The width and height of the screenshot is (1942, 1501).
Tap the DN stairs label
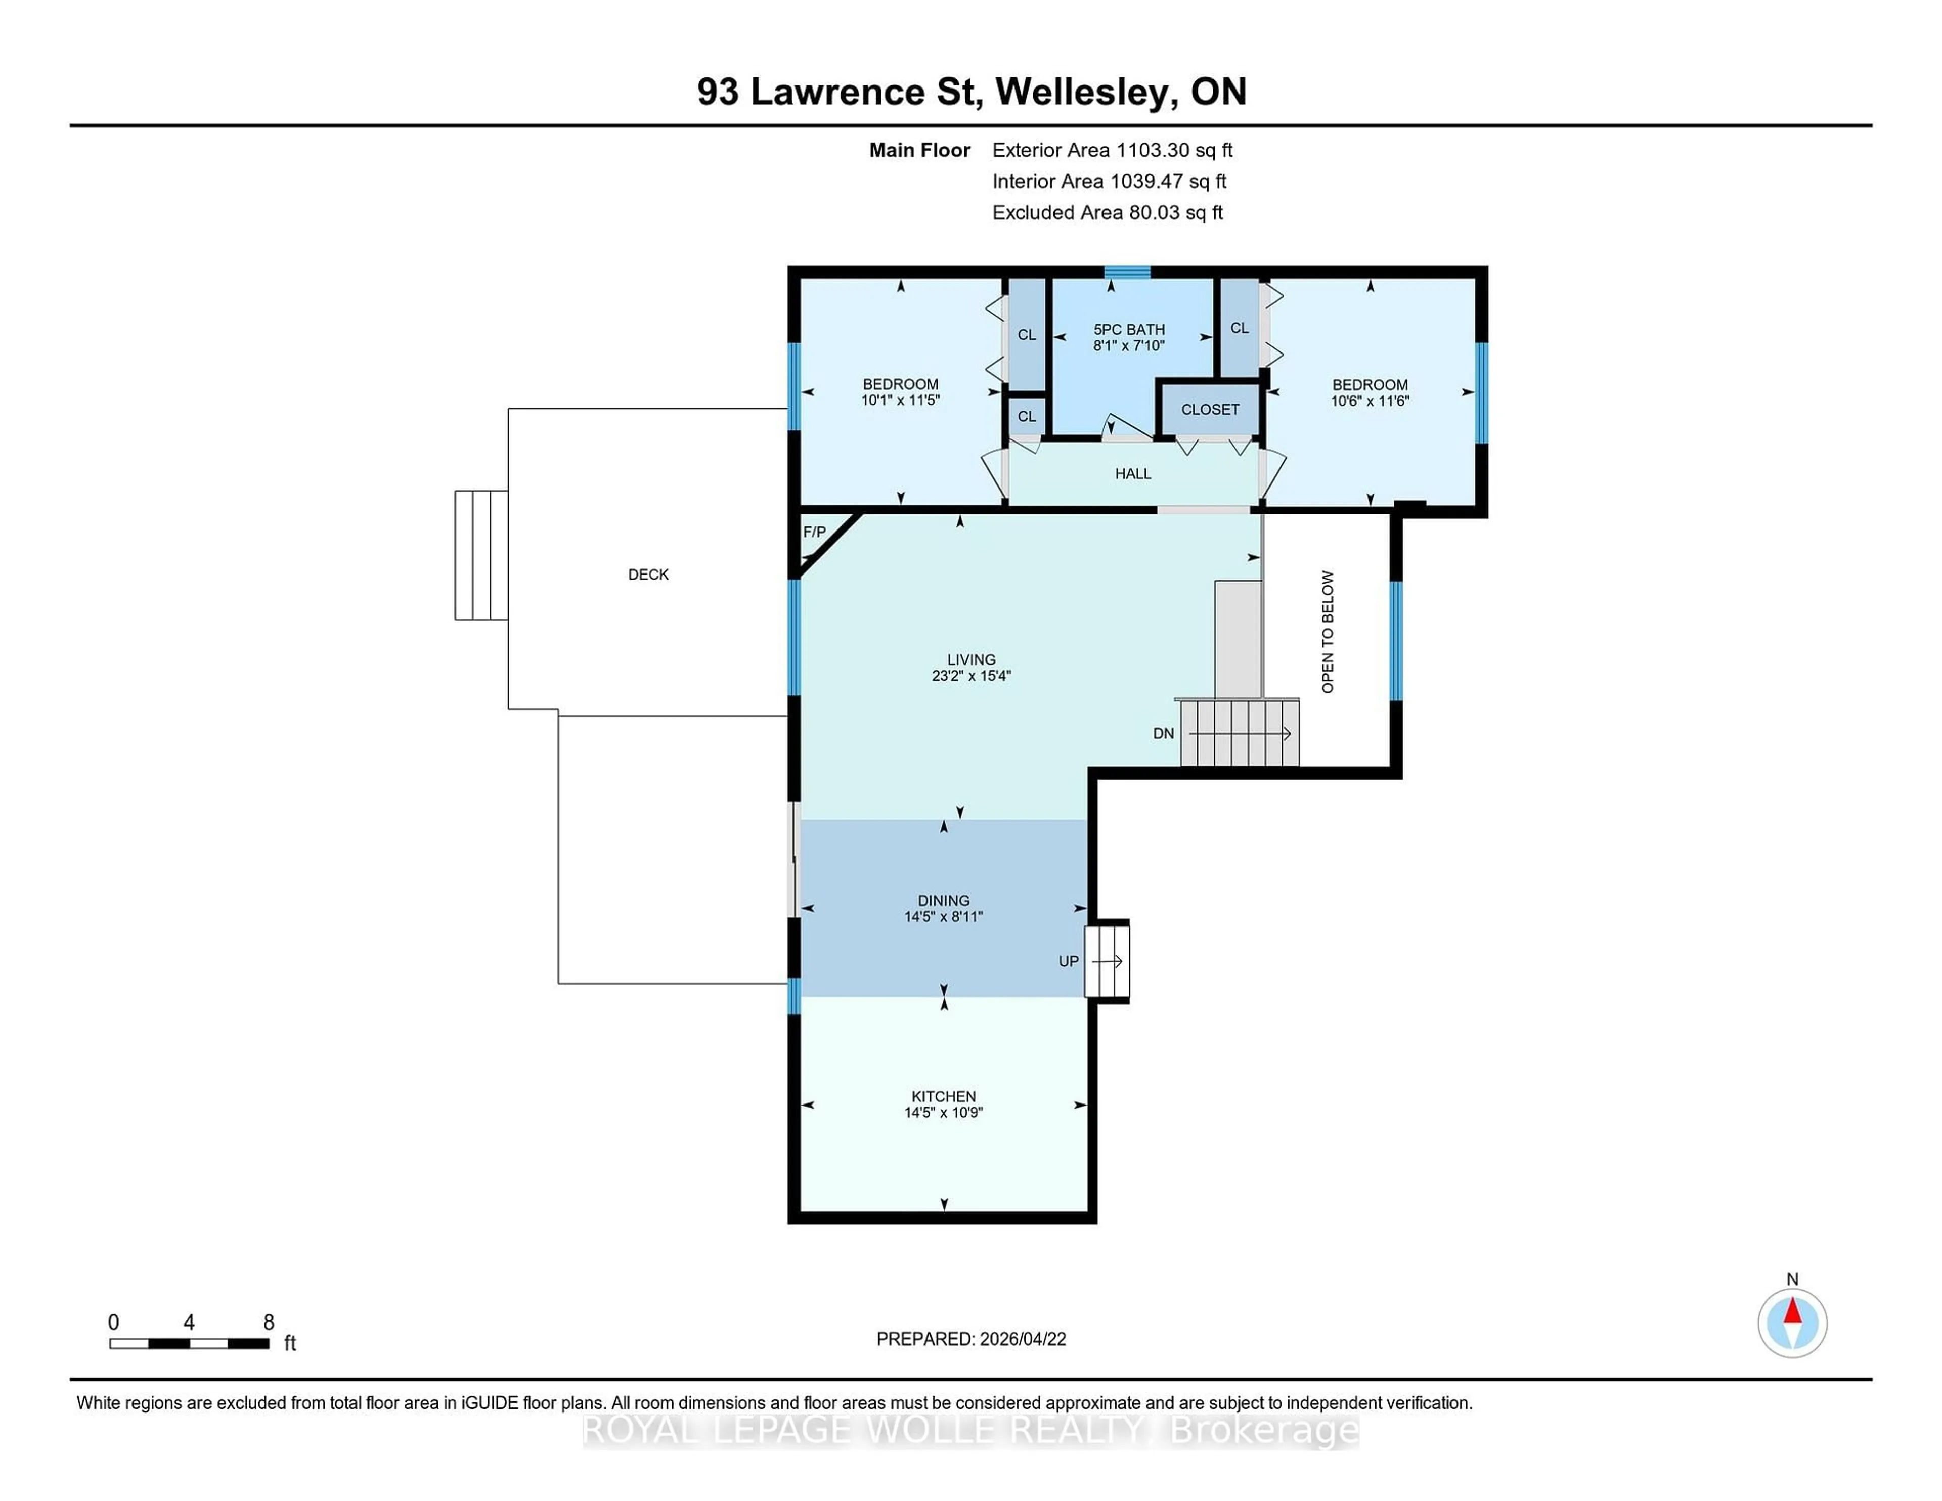point(1163,734)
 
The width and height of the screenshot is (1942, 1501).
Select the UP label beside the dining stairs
point(1068,961)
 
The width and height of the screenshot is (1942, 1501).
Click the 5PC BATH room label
point(1128,330)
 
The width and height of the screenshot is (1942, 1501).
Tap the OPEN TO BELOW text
point(1328,631)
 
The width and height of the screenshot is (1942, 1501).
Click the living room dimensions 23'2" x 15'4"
point(971,676)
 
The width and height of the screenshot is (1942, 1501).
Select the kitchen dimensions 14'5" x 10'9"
point(943,1113)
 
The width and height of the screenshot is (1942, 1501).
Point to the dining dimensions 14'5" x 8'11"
point(943,917)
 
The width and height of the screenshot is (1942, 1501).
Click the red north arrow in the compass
point(1793,1311)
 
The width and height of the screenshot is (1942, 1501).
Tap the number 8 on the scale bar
point(269,1322)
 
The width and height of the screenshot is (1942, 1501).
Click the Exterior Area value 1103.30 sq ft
point(1174,150)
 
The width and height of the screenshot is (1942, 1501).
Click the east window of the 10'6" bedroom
point(1481,392)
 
